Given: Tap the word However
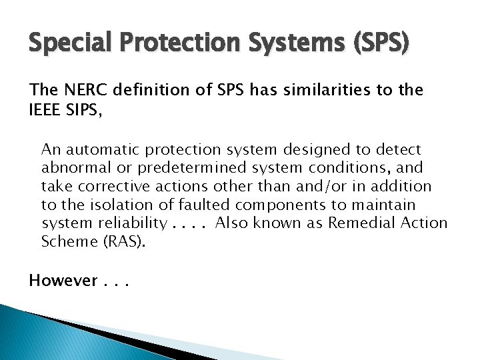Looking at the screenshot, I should (x=64, y=281).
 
